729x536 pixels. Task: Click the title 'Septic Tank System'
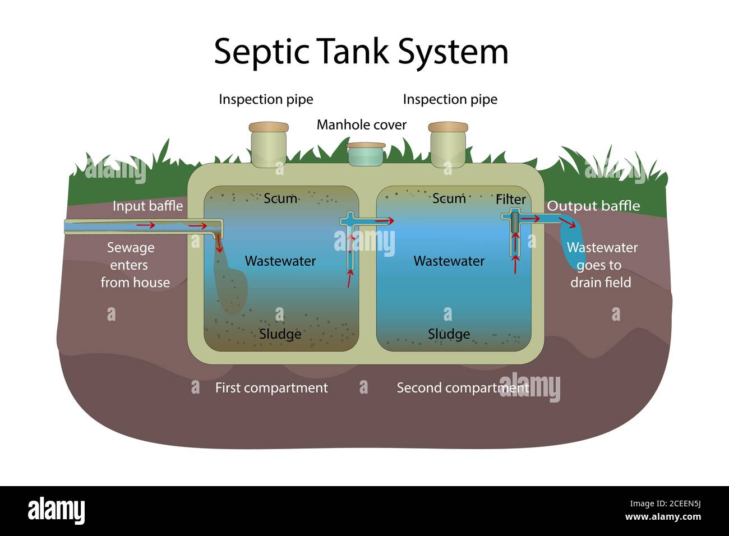(x=361, y=51)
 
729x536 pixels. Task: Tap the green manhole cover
(x=366, y=154)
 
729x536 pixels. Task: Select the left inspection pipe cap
(x=269, y=128)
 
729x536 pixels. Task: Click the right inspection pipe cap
(x=448, y=128)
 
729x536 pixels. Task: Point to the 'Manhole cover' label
(x=361, y=124)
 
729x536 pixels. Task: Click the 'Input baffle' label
(x=147, y=206)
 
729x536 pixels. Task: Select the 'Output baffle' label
(x=593, y=206)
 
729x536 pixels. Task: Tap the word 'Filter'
(x=510, y=199)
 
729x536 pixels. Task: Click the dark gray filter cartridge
(x=514, y=222)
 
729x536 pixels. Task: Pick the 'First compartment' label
(x=271, y=387)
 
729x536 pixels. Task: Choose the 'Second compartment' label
(x=463, y=387)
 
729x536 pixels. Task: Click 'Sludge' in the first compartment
(x=280, y=334)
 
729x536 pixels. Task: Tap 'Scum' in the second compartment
(x=449, y=198)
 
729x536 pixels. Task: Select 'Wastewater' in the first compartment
(x=280, y=261)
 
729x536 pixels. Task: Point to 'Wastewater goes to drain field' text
(x=601, y=265)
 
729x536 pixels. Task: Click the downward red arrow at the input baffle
(x=219, y=243)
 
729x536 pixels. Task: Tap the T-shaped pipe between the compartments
(x=350, y=235)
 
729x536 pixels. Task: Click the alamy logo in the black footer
(x=56, y=510)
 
